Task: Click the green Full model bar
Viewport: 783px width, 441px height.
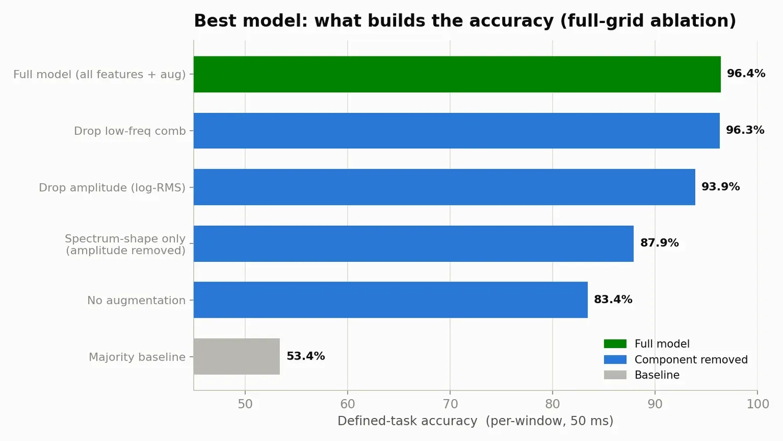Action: click(457, 74)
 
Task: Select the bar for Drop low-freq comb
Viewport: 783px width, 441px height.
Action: click(457, 131)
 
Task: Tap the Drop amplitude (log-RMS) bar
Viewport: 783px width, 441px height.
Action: click(444, 187)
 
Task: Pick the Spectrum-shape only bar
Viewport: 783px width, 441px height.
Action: click(413, 243)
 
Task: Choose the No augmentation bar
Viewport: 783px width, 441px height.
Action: click(390, 300)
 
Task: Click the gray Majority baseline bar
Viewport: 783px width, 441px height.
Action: click(236, 356)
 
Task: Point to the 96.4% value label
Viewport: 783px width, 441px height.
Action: click(746, 74)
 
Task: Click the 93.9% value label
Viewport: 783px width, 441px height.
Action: click(720, 187)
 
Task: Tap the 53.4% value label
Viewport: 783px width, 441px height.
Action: click(305, 356)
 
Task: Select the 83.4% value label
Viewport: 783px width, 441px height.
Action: click(613, 299)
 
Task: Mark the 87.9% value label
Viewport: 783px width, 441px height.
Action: click(659, 242)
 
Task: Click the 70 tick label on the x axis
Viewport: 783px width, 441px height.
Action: click(450, 404)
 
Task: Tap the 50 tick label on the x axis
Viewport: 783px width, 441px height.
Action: click(245, 404)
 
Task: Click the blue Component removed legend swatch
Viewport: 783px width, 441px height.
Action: click(615, 359)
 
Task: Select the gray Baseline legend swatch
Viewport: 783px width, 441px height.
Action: click(615, 375)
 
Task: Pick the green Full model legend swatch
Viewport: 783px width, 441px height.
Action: click(615, 344)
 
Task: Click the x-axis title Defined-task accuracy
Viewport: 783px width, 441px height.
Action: click(407, 421)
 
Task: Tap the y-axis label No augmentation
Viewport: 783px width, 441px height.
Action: click(136, 300)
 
